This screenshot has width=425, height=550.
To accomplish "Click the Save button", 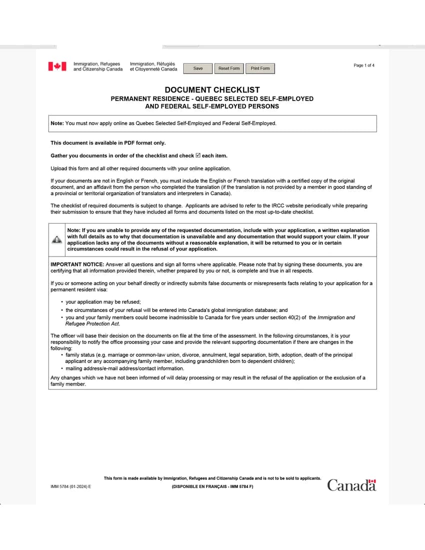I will (x=198, y=68).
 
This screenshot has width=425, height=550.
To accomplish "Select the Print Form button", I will (x=260, y=68).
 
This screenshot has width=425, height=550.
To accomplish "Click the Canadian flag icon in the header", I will (x=57, y=66).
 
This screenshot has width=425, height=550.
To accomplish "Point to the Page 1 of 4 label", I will (x=364, y=65).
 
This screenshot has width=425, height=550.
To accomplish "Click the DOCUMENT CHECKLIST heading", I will (x=212, y=90).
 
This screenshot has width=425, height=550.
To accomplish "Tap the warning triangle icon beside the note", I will (x=57, y=239).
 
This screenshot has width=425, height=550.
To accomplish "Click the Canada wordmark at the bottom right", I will (x=351, y=485).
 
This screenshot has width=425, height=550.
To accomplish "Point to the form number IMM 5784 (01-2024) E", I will (x=71, y=486).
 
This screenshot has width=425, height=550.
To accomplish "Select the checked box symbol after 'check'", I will (x=198, y=155).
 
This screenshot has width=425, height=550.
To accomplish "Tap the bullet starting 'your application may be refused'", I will (x=103, y=302).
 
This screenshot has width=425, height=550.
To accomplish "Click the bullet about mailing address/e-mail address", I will (x=125, y=368).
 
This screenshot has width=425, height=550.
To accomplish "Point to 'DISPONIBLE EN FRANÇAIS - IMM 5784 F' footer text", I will (x=212, y=486).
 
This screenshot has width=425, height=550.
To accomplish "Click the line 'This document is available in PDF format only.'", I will (x=108, y=143).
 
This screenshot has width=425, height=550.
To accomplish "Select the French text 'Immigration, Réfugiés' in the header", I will (x=152, y=64).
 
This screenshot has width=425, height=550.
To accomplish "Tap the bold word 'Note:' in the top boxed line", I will (x=57, y=123).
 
